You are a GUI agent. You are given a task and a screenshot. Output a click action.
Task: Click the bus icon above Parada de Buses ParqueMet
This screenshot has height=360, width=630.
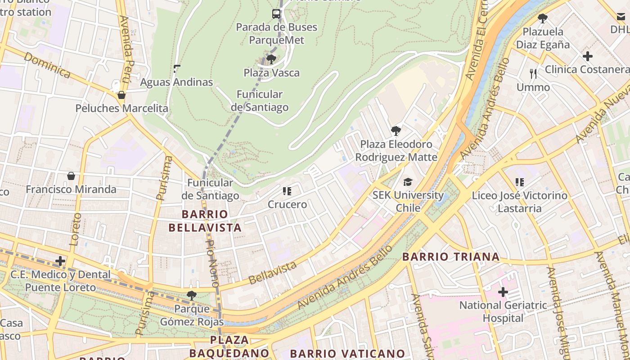(x=276, y=14)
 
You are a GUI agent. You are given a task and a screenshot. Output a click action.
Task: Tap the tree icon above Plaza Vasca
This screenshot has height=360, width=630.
(x=271, y=59)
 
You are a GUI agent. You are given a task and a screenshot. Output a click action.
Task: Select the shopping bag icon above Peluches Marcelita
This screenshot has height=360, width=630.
(x=121, y=95)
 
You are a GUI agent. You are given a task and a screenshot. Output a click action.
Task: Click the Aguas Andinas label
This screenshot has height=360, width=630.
(x=176, y=82)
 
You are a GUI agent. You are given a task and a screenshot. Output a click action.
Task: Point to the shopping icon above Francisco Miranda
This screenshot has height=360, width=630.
(x=71, y=176)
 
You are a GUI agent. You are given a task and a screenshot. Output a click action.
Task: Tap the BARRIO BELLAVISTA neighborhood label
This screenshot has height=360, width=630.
(x=205, y=220)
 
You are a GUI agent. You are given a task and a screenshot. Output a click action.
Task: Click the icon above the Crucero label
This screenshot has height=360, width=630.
(x=287, y=191)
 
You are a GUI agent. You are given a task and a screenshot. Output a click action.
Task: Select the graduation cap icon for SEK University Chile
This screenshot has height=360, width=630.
(x=408, y=182)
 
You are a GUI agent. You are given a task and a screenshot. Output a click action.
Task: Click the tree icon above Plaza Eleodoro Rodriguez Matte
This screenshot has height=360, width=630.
(x=396, y=131)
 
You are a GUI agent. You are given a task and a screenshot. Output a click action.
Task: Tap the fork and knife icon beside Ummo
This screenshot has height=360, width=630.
(x=533, y=74)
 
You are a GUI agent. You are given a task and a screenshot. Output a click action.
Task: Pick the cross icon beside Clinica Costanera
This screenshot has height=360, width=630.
(x=587, y=57)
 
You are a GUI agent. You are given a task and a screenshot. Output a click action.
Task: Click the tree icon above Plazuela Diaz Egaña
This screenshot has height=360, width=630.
(x=543, y=18)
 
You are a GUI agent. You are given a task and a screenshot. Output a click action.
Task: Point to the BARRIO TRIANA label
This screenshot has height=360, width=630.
(x=451, y=257)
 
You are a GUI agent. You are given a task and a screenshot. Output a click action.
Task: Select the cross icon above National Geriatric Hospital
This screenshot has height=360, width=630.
(x=503, y=292)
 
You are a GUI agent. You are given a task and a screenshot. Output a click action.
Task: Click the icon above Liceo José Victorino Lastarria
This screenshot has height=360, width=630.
(x=520, y=182)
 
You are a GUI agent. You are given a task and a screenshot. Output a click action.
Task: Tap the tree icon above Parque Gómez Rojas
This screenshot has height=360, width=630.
(x=192, y=296)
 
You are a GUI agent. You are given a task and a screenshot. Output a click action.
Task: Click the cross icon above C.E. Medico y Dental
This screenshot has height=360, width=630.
(x=60, y=261)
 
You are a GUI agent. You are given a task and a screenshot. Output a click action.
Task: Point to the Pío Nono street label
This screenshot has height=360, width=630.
(x=212, y=264)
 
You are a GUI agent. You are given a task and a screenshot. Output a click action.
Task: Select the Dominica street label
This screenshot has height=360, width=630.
(x=47, y=65)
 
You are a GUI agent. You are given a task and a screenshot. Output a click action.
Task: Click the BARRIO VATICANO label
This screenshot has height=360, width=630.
(x=347, y=354)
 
